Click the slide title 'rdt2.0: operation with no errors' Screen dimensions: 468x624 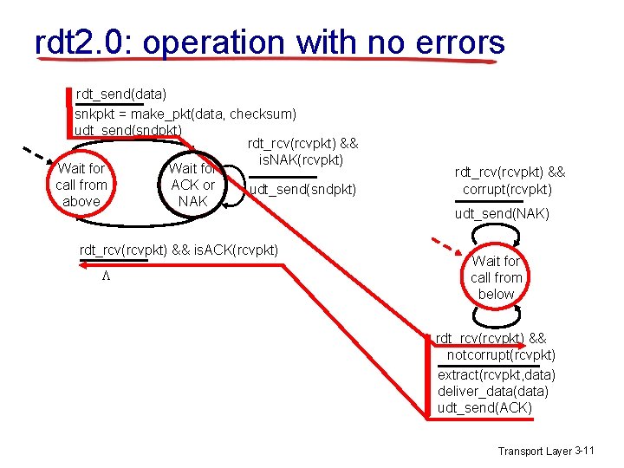[269, 42]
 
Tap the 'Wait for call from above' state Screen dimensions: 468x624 [81, 185]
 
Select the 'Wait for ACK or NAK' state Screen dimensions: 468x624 [192, 185]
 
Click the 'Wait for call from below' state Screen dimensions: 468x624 [497, 277]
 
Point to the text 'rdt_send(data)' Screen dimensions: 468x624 [121, 93]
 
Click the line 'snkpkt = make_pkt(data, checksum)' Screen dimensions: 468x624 [185, 114]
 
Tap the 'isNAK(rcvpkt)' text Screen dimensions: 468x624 [302, 160]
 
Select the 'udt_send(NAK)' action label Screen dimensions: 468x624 [502, 213]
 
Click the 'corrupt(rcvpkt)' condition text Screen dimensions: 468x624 [507, 189]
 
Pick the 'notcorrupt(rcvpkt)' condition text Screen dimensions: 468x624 [501, 354]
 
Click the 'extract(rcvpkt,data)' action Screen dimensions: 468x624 [497, 374]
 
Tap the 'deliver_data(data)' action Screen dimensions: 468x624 [492, 391]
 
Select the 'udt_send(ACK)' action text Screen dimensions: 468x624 [484, 407]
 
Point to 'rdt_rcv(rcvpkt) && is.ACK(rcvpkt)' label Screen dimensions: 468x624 [179, 250]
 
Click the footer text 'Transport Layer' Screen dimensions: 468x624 [534, 451]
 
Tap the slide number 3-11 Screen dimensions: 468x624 [585, 450]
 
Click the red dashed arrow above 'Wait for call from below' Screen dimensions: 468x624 [447, 240]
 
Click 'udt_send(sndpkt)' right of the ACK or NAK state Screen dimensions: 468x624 [302, 189]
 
